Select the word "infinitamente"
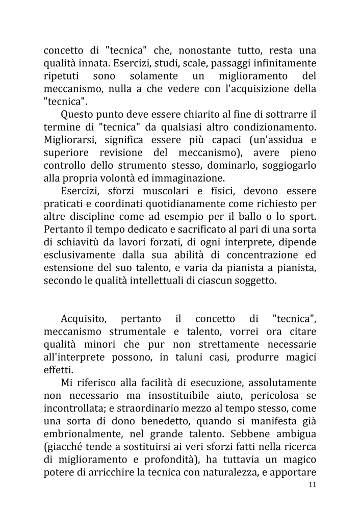pyautogui.click(x=282, y=64)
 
